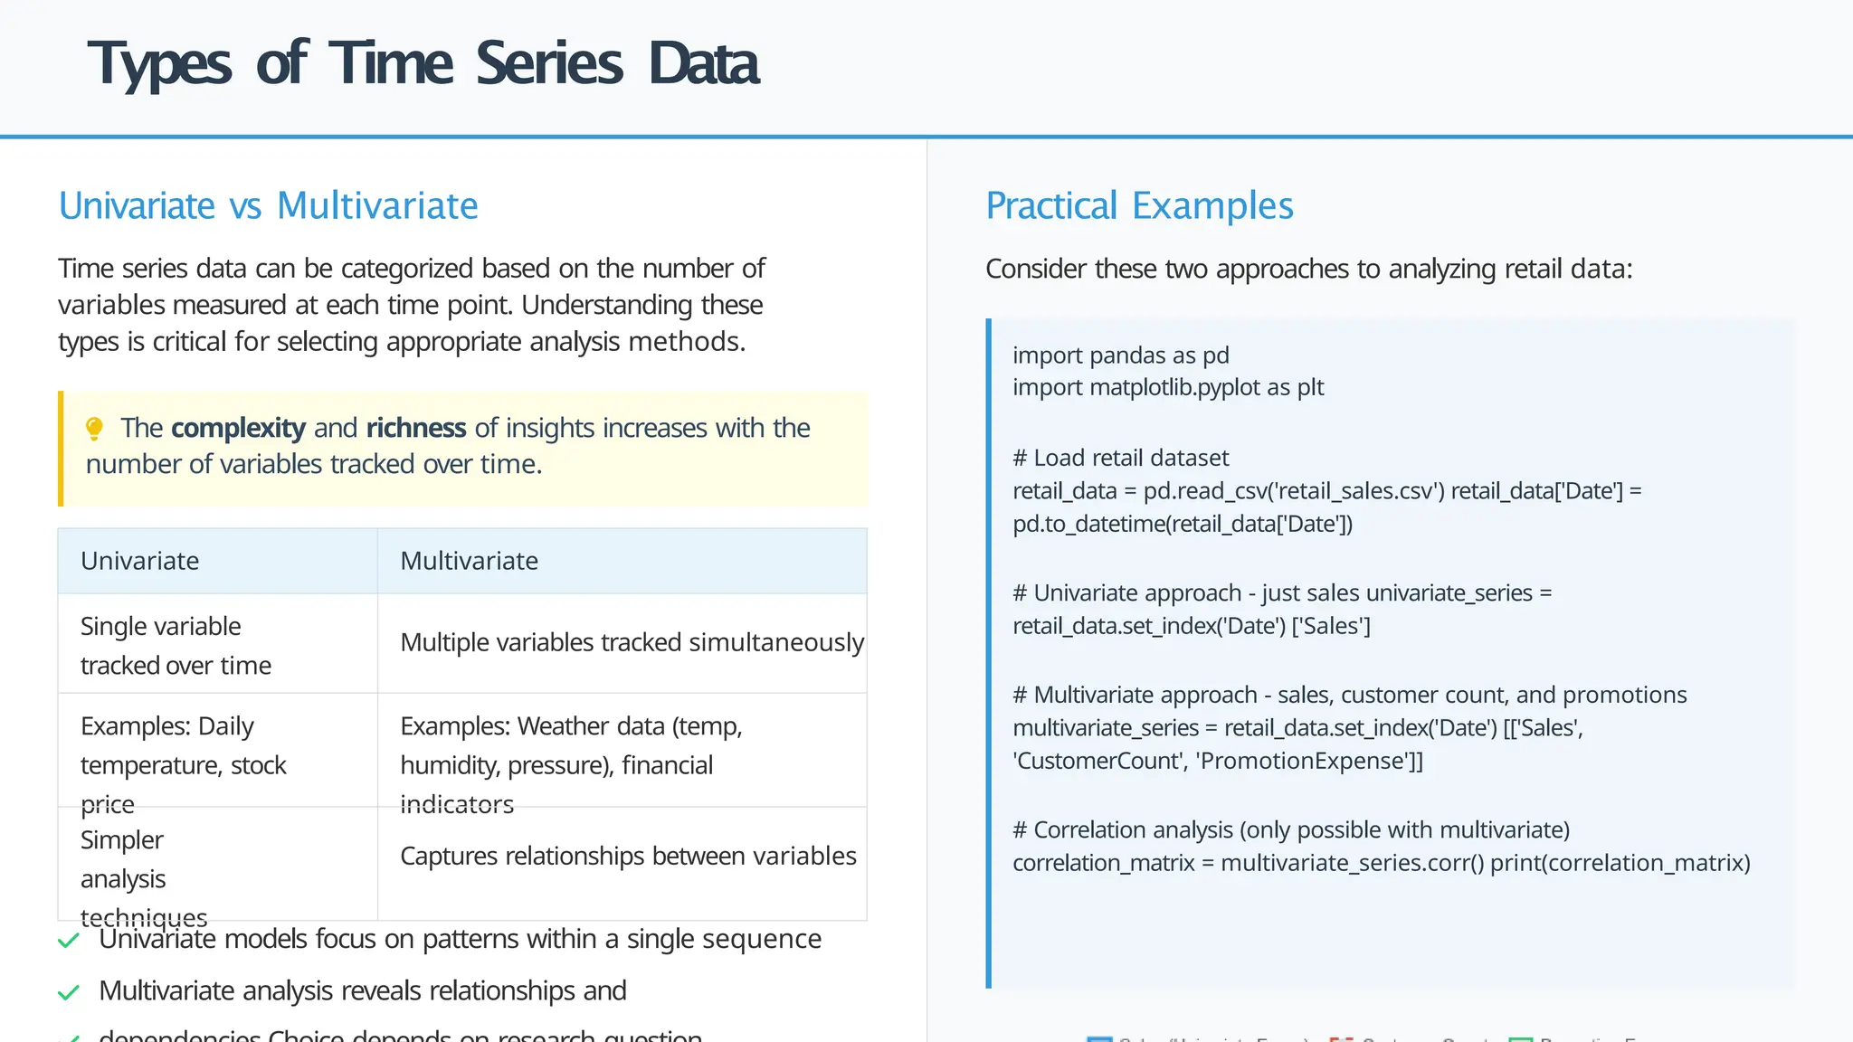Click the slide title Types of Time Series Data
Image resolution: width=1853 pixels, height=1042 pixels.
(423, 64)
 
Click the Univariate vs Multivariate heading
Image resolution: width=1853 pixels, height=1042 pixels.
(268, 206)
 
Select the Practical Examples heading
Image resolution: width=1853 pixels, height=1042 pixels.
(1138, 206)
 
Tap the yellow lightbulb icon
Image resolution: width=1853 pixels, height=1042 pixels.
(94, 429)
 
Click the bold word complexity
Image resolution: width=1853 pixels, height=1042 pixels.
(238, 428)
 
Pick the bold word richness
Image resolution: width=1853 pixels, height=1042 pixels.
(415, 428)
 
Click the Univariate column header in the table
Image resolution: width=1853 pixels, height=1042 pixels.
(139, 561)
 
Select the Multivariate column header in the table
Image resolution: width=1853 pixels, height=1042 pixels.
(469, 561)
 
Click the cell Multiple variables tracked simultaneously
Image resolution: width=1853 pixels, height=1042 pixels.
(632, 642)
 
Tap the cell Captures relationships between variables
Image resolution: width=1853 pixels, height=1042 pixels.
(628, 856)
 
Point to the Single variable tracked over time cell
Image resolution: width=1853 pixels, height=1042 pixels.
(176, 645)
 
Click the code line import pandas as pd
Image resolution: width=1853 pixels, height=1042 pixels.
(1120, 355)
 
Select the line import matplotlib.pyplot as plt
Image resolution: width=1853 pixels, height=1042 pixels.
(1167, 388)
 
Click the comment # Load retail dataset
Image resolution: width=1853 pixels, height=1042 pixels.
(1120, 458)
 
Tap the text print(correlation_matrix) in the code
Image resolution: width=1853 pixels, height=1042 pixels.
(1620, 863)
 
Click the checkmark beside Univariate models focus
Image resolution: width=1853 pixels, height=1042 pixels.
(69, 941)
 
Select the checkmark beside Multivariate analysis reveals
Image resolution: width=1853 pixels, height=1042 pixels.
(69, 992)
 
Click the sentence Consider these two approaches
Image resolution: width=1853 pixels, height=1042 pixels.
(1308, 269)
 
